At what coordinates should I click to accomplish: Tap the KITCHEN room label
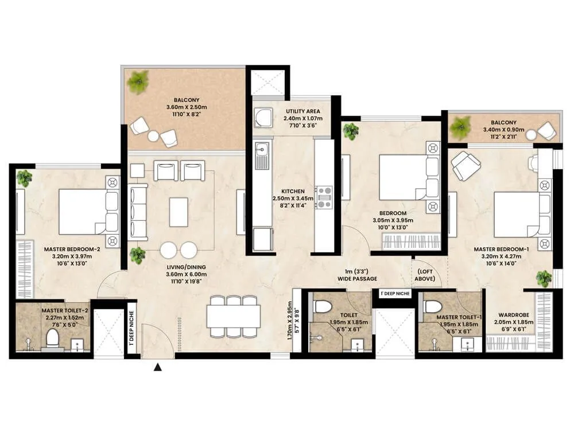point(292,191)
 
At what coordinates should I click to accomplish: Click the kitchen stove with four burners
point(324,196)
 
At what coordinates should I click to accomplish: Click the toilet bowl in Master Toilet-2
point(52,338)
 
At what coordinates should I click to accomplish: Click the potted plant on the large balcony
point(138,82)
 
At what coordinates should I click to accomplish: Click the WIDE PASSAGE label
point(357,279)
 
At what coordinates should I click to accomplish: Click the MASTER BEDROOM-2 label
point(72,249)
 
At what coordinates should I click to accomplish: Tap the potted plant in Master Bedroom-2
point(24,178)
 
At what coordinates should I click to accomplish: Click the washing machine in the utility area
point(265,118)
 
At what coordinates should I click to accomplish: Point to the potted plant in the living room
point(137,253)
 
